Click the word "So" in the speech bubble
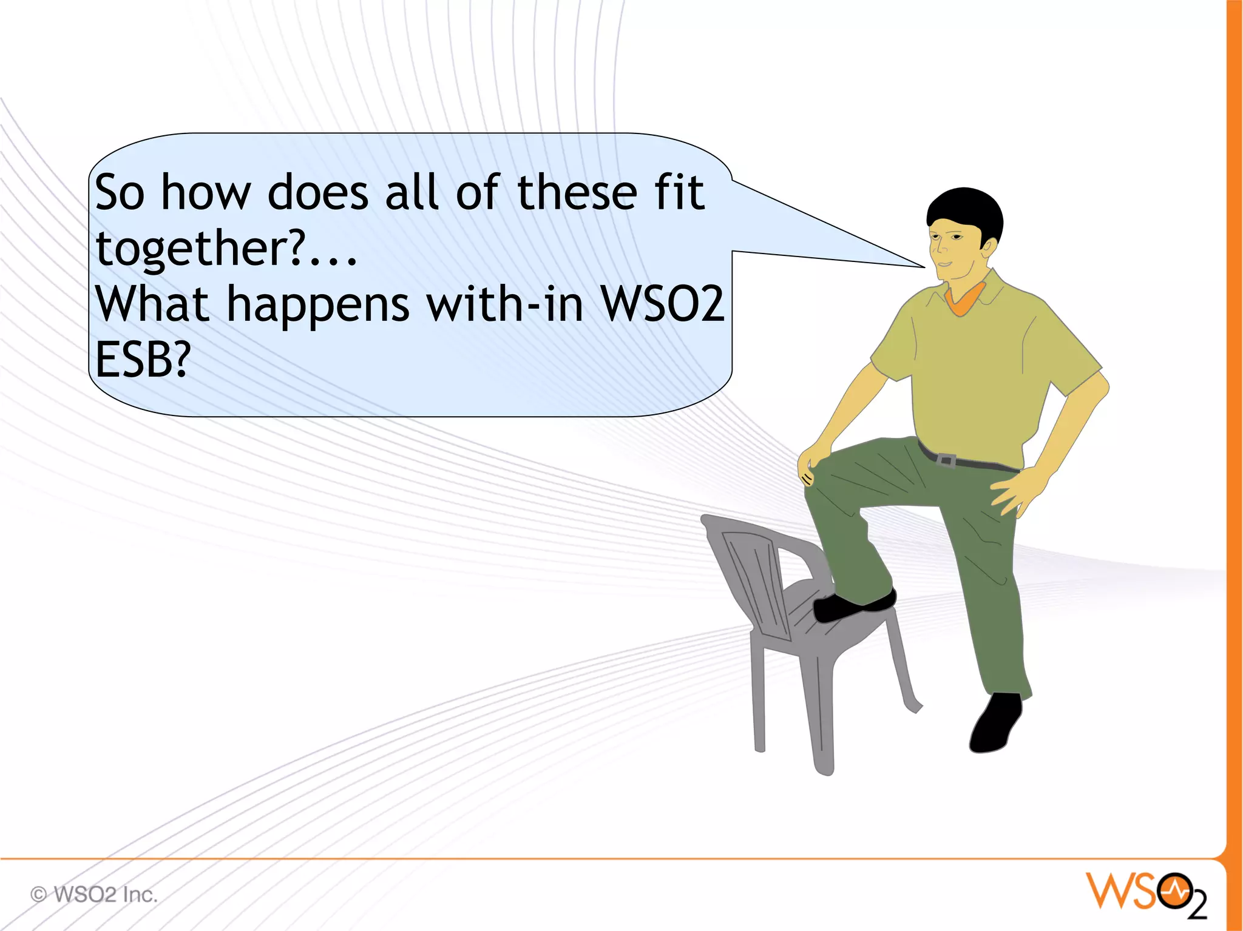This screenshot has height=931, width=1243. pyautogui.click(x=120, y=193)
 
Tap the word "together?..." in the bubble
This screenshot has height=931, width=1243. pyautogui.click(x=226, y=249)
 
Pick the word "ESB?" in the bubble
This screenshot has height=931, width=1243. pyautogui.click(x=143, y=360)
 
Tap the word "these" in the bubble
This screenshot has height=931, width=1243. pyautogui.click(x=577, y=193)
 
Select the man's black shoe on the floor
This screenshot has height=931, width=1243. pyautogui.click(x=995, y=725)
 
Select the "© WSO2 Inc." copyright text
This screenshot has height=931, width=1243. pyautogui.click(x=94, y=895)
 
